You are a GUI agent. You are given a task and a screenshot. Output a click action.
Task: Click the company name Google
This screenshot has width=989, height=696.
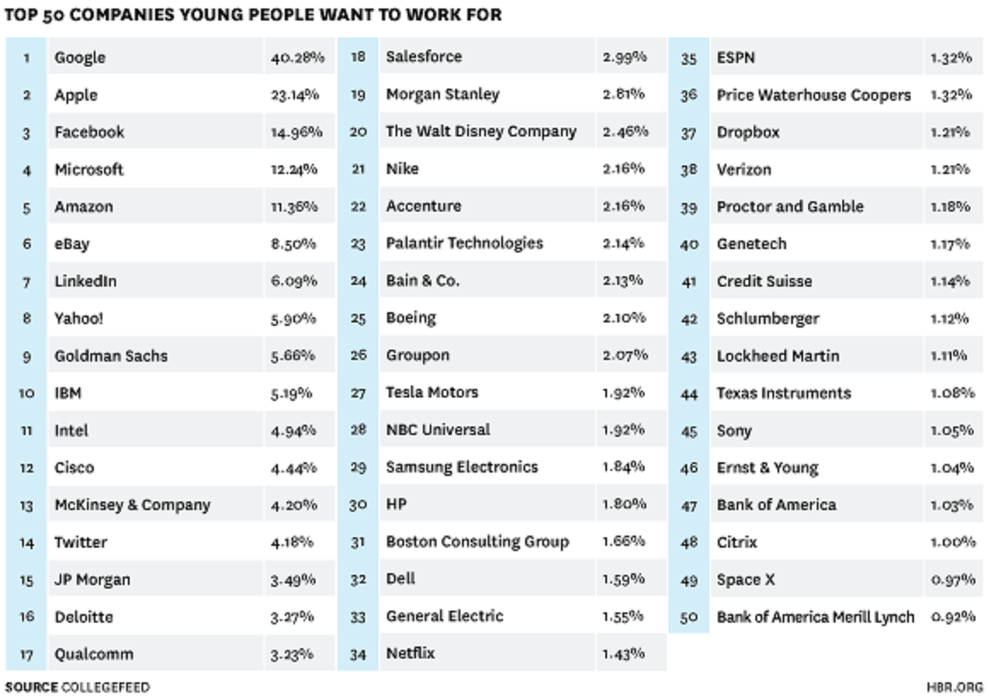click(x=80, y=58)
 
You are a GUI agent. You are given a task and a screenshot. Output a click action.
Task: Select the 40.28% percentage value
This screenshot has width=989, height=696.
click(x=298, y=58)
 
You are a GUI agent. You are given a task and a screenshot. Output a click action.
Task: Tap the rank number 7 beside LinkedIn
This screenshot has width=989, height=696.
click(x=27, y=281)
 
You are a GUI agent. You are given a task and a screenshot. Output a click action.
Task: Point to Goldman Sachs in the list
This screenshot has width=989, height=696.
click(x=111, y=356)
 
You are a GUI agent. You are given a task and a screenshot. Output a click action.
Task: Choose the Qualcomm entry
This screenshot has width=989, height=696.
click(x=94, y=654)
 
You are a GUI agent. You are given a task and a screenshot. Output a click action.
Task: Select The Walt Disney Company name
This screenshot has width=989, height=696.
click(x=481, y=131)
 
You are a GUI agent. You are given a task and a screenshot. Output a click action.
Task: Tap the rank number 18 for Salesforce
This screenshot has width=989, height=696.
click(x=358, y=57)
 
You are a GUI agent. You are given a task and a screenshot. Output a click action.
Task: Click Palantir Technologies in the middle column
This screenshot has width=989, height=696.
click(x=464, y=243)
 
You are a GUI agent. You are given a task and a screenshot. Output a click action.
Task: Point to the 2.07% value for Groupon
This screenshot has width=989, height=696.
click(x=625, y=355)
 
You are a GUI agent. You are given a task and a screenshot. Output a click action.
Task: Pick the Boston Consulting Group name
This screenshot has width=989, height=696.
click(x=477, y=542)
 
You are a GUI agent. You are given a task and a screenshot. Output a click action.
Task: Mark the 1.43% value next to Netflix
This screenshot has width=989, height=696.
click(x=623, y=653)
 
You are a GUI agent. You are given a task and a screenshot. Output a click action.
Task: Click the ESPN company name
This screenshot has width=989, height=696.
click(x=736, y=58)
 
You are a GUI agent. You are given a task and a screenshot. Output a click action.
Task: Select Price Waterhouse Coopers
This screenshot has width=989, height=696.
click(x=813, y=95)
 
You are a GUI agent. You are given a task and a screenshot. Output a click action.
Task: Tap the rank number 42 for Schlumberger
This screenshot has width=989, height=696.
click(x=690, y=319)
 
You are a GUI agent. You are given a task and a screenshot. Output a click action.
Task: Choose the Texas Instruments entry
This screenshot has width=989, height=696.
click(x=784, y=393)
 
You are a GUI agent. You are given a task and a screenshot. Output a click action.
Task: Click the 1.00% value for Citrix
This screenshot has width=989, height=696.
click(x=953, y=542)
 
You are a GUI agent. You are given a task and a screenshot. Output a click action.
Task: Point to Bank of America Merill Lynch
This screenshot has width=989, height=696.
click(x=815, y=617)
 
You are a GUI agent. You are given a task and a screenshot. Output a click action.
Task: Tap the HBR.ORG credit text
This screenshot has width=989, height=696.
click(x=954, y=687)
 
